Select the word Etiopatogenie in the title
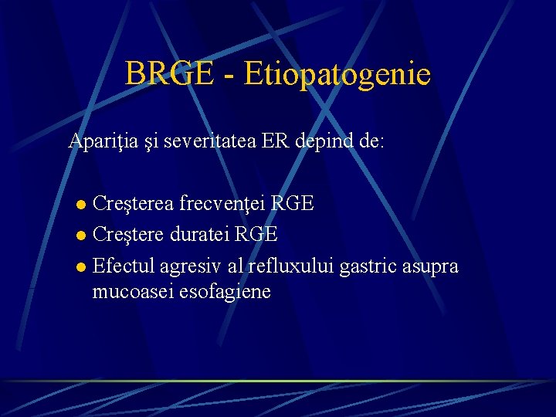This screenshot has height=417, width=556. click(337, 75)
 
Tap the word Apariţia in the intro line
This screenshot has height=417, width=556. click(103, 141)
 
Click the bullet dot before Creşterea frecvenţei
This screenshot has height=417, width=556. click(81, 205)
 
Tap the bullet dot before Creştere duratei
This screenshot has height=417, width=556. click(81, 234)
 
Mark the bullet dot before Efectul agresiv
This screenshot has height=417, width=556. click(81, 267)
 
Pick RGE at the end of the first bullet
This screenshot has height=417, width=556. click(294, 204)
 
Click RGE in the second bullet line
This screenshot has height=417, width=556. click(258, 234)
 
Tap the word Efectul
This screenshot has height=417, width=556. click(123, 266)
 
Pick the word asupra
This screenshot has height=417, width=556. click(430, 266)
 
